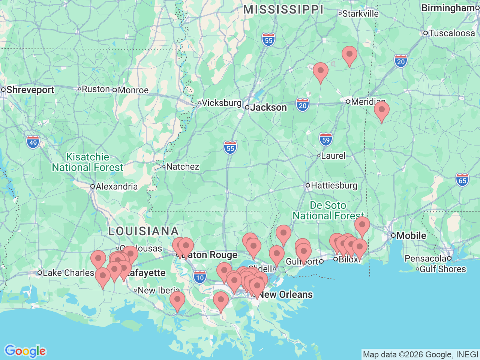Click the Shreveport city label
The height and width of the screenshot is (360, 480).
[30, 90]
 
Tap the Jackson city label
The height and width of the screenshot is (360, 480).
[268, 108]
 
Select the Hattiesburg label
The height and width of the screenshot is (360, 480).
[334, 185]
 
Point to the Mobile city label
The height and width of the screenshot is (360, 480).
[411, 235]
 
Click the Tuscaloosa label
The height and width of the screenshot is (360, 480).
[451, 33]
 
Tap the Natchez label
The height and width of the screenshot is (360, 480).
[182, 166]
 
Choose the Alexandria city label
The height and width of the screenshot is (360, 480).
[116, 186]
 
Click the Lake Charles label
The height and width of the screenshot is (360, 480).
[68, 273]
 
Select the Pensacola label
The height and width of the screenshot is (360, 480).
[425, 258]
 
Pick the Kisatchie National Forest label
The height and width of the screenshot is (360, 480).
[87, 162]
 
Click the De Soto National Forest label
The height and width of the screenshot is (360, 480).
[328, 210]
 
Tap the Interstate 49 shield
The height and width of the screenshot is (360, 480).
[33, 142]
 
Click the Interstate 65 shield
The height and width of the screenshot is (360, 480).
[462, 180]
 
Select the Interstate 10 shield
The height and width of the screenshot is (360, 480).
[200, 278]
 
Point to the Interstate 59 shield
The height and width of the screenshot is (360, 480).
[326, 140]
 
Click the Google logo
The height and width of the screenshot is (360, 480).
[25, 351]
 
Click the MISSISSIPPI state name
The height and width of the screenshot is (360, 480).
[283, 10]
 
